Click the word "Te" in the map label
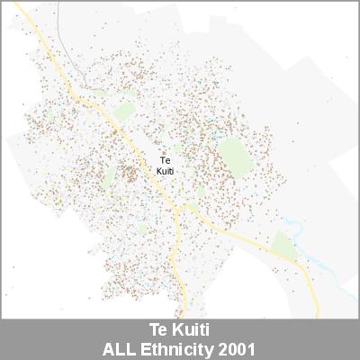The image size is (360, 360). (x=165, y=160)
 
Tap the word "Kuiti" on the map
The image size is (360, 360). (x=165, y=170)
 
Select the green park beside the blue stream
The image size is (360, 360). (x=285, y=243)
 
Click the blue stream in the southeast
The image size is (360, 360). (x=310, y=261)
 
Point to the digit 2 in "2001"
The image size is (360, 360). (x=221, y=347)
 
